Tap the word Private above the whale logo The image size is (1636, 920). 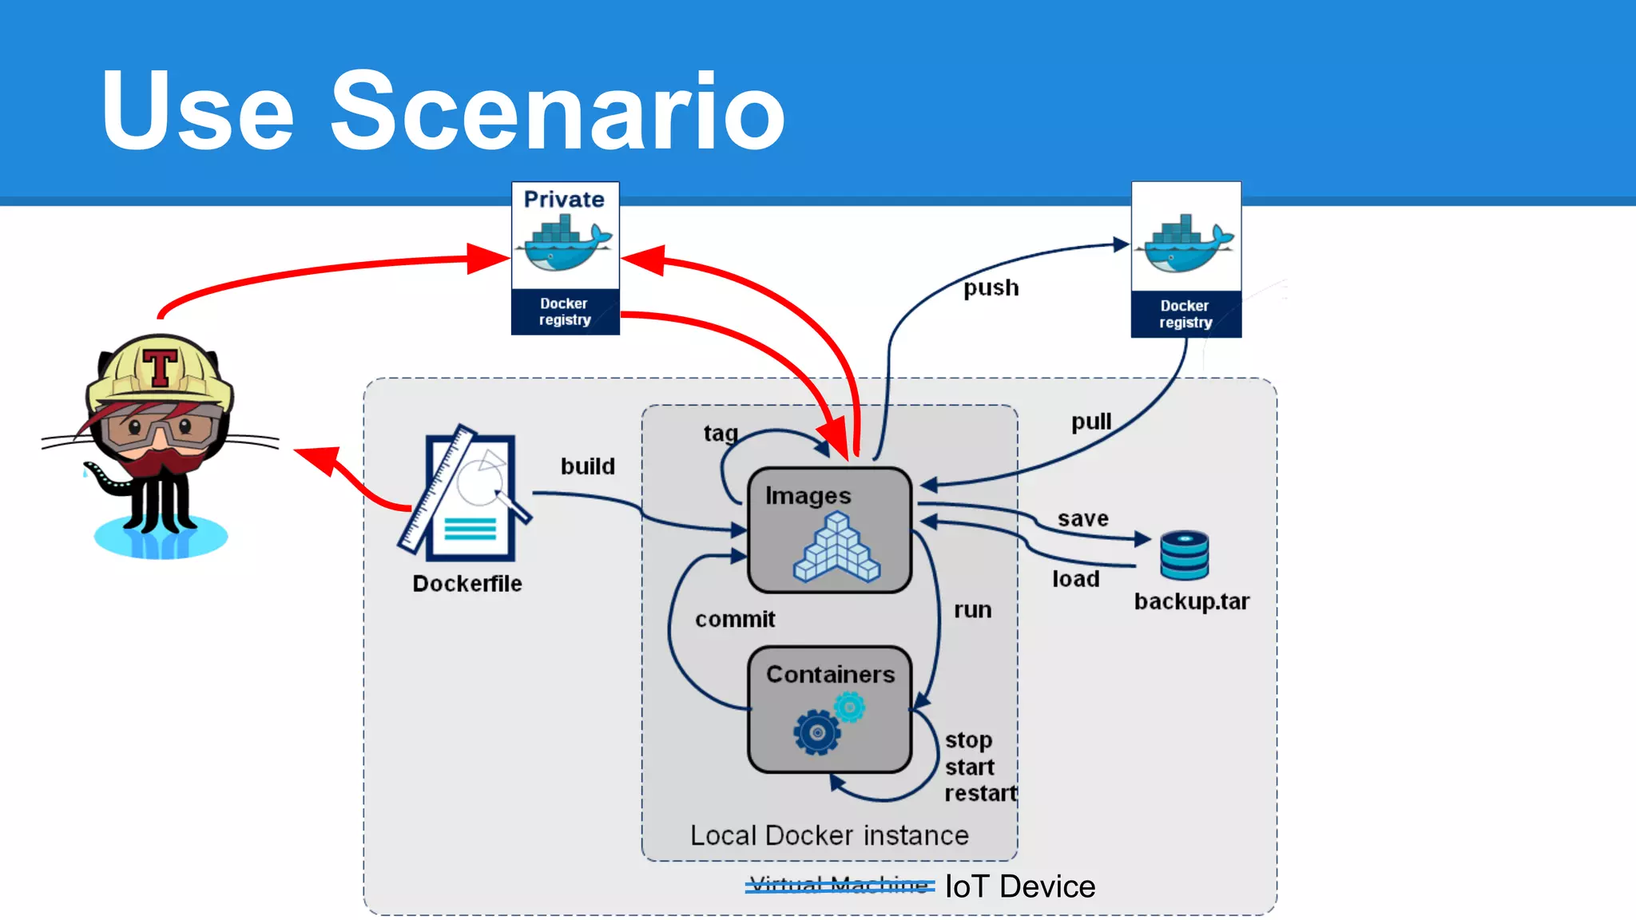click(x=564, y=200)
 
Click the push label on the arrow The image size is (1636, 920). click(x=991, y=287)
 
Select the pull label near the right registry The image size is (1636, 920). click(x=1090, y=422)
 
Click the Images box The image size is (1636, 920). click(x=829, y=530)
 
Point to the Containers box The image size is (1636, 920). click(x=829, y=709)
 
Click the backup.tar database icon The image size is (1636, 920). click(x=1184, y=555)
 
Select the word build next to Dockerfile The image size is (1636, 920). click(x=587, y=466)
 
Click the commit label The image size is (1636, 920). click(x=735, y=619)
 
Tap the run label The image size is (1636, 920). click(x=972, y=610)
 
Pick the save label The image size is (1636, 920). click(x=1083, y=519)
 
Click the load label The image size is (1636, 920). click(x=1075, y=579)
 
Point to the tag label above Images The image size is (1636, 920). click(x=720, y=433)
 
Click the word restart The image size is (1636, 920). click(x=980, y=793)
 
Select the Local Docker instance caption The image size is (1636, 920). click(x=829, y=835)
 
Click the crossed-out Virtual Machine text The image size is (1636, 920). click(x=839, y=886)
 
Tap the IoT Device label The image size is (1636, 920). click(x=1019, y=886)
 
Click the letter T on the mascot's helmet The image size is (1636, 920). click(x=160, y=367)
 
